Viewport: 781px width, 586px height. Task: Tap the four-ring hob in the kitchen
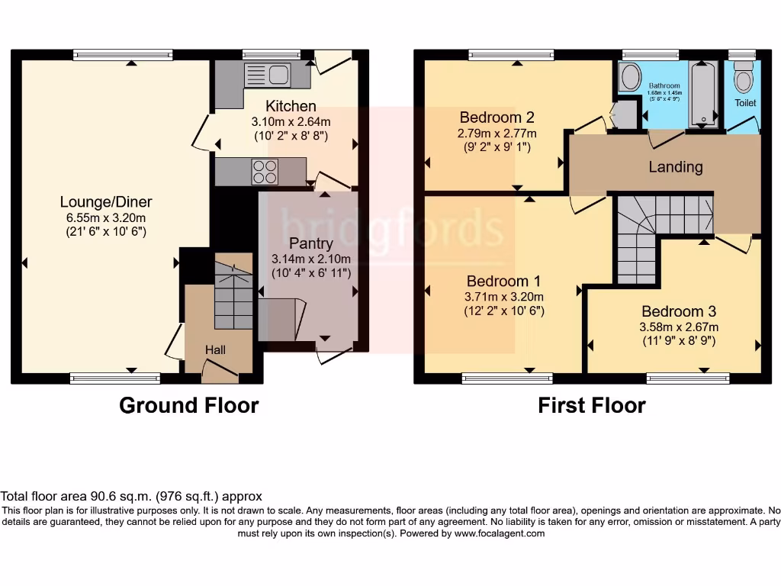265,172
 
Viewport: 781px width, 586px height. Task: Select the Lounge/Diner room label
106,202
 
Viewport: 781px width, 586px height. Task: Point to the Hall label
214,349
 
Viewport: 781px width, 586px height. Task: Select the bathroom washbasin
630,78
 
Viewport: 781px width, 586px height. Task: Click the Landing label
675,166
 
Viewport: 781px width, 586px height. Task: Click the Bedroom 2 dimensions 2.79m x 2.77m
497,134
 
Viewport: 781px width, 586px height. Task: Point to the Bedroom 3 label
678,311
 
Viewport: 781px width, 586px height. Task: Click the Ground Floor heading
188,405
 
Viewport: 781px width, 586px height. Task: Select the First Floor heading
591,405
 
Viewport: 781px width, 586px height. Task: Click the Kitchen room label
291,106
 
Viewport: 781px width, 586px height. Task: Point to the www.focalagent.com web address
500,534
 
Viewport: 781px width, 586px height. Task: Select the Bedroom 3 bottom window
688,378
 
